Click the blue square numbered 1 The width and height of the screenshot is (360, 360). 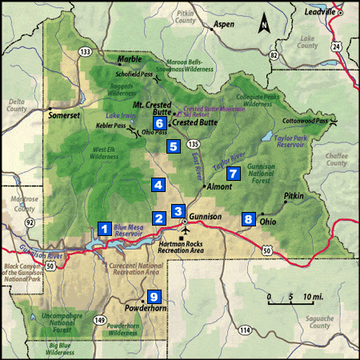coord(104,227)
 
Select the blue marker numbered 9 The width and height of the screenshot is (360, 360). coord(154,296)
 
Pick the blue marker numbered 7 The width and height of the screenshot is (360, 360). coord(233,173)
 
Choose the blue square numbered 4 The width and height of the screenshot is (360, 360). coord(158,185)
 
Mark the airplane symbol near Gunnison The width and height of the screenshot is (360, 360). coord(186,230)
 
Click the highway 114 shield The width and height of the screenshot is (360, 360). coord(245,330)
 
